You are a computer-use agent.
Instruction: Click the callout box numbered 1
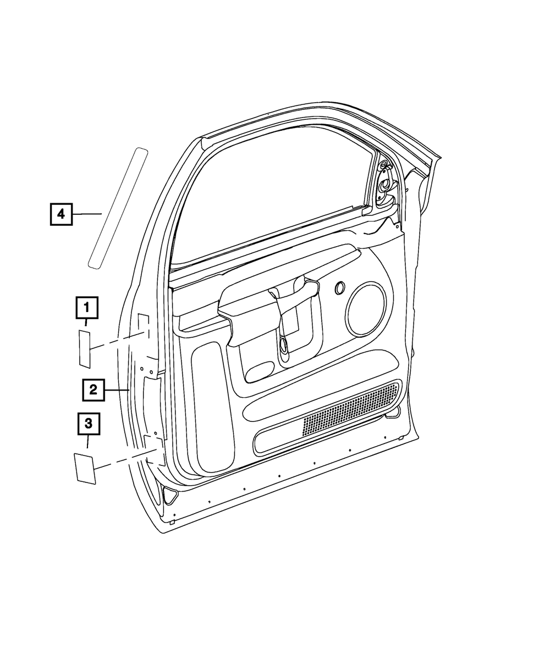coord(87,308)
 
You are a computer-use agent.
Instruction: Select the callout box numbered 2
coord(94,390)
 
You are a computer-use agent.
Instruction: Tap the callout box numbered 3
coord(88,424)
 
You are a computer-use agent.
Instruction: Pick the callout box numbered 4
coord(61,213)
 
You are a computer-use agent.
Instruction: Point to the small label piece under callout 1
coord(85,349)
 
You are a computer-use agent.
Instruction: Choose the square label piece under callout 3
coord(85,468)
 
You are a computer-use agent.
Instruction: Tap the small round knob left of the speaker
coord(339,287)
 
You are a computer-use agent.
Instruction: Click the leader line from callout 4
coord(87,213)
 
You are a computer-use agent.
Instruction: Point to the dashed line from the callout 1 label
coord(119,341)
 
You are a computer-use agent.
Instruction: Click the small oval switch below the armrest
coord(260,371)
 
